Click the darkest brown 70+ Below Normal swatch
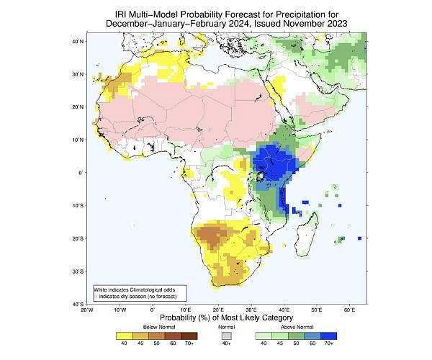pyautogui.click(x=190, y=335)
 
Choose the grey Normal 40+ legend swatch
pyautogui.click(x=226, y=335)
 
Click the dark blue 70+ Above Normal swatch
pyautogui.click(x=329, y=335)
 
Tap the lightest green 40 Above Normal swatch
pyautogui.click(x=263, y=335)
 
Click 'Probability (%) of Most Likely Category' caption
pyautogui.click(x=226, y=318)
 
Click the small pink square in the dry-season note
pyautogui.click(x=95, y=297)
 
